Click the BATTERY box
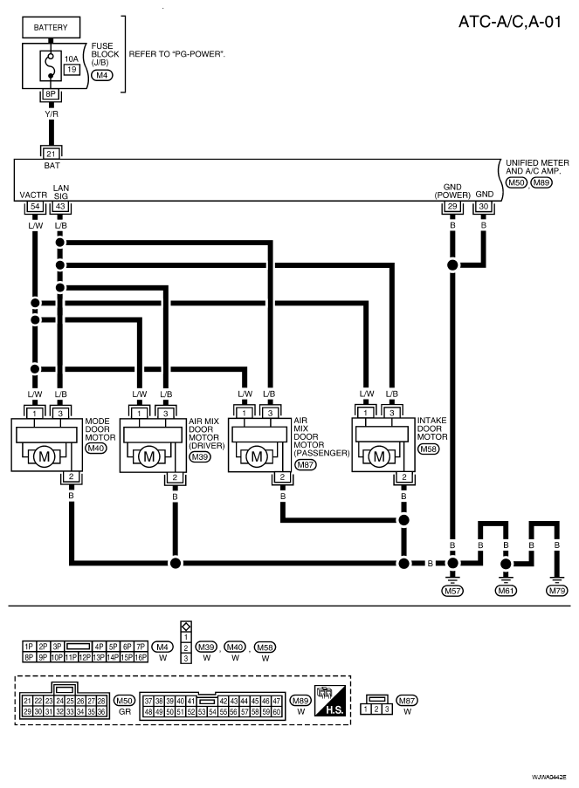[51, 27]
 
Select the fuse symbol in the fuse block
[51, 65]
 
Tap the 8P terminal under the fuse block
[51, 94]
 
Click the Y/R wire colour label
[52, 114]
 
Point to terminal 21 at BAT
[51, 154]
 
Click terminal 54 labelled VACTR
[35, 206]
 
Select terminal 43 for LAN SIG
[60, 206]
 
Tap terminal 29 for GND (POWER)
[452, 206]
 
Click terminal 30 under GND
[484, 206]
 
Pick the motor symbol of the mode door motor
[45, 456]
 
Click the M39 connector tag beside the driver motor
[200, 456]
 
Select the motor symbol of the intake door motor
[379, 456]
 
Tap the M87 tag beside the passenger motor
[305, 465]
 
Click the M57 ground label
[452, 591]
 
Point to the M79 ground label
[557, 591]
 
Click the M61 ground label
[506, 591]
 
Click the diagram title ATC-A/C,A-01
[510, 22]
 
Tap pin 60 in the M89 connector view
[277, 712]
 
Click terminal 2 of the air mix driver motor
[175, 477]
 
